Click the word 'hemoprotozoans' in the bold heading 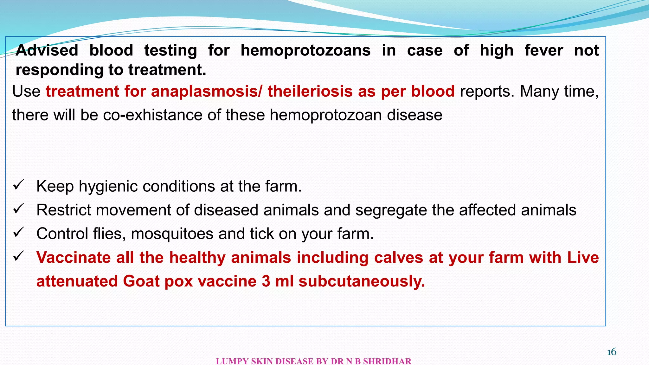coord(305,50)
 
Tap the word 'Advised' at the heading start coord(47,50)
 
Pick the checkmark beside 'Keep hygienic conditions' coord(18,185)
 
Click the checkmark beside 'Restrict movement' coord(18,209)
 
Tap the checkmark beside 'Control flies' coord(18,233)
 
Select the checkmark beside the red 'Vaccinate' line coord(18,256)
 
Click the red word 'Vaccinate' coord(74,257)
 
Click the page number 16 coord(612,352)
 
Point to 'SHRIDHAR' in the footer coord(387,361)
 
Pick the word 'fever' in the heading coord(544,50)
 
